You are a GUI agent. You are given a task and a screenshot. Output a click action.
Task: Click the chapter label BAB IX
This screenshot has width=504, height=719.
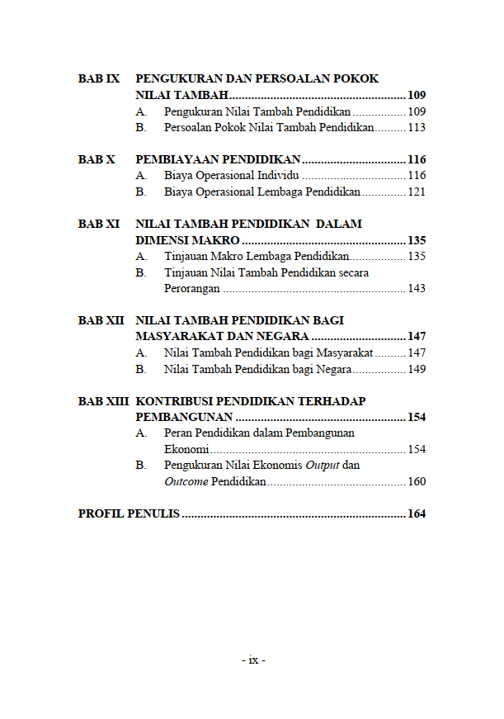pyautogui.click(x=99, y=79)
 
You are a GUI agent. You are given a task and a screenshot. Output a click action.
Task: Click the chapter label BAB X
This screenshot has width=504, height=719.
pyautogui.click(x=97, y=159)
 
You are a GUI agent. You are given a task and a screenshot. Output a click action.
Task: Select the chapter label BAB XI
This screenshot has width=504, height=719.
pyautogui.click(x=99, y=224)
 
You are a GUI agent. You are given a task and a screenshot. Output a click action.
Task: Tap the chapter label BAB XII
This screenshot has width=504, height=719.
pyautogui.click(x=101, y=320)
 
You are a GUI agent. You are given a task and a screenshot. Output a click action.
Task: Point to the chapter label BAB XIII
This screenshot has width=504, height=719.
pyautogui.click(x=103, y=401)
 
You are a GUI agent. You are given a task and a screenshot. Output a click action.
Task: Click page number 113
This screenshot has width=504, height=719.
pyautogui.click(x=417, y=128)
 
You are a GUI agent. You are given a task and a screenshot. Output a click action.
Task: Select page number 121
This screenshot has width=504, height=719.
pyautogui.click(x=417, y=192)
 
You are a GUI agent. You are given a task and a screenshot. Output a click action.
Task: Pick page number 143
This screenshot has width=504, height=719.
pyautogui.click(x=417, y=289)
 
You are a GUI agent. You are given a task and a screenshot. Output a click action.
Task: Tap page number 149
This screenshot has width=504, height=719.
pyautogui.click(x=417, y=369)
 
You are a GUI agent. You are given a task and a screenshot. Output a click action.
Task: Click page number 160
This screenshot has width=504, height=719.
pyautogui.click(x=417, y=482)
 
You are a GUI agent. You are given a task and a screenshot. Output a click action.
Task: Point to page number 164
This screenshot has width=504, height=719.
pyautogui.click(x=417, y=514)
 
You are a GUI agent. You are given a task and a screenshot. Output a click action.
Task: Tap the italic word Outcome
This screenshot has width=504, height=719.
pyautogui.click(x=186, y=482)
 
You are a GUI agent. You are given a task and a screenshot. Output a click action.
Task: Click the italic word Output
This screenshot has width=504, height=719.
pyautogui.click(x=323, y=466)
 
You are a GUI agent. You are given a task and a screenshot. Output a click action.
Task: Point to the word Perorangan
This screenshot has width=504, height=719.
pyautogui.click(x=192, y=289)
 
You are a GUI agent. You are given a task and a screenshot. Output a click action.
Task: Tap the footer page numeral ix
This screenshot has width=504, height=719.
pyautogui.click(x=253, y=660)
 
